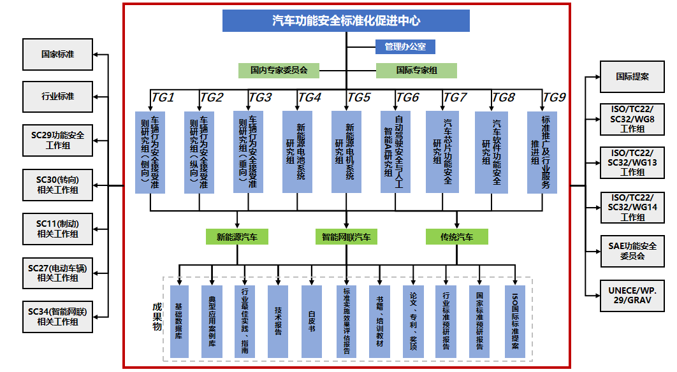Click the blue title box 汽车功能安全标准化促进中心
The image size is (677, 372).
tap(346, 20)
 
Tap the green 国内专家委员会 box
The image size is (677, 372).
tap(279, 70)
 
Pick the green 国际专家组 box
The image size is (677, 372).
tap(416, 70)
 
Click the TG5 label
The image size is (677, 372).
tap(358, 97)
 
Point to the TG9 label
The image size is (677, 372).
tap(553, 97)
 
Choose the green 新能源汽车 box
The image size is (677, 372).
tap(237, 237)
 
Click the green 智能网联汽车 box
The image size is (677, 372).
tap(346, 237)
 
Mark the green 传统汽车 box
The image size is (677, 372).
tap(456, 237)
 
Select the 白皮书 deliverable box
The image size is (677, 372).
tap(312, 320)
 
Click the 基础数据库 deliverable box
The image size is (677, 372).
tap(180, 320)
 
